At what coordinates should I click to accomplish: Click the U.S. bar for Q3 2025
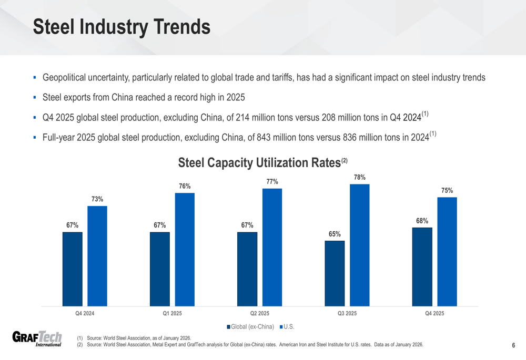point(359,245)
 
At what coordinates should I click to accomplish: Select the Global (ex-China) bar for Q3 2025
point(335,273)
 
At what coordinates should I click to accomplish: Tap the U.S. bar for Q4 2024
point(97,256)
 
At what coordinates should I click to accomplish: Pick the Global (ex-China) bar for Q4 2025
point(422,266)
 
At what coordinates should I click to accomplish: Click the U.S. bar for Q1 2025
point(185,249)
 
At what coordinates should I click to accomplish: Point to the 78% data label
point(360,178)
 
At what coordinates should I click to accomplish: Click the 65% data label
point(335,234)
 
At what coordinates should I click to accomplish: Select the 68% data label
point(422,221)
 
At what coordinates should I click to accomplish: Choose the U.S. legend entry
point(288,327)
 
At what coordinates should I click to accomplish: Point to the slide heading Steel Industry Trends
point(122,27)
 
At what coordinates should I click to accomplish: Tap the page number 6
point(513,345)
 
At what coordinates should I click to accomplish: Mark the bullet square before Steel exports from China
point(34,97)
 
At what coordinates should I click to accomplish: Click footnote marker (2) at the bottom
point(80,345)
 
